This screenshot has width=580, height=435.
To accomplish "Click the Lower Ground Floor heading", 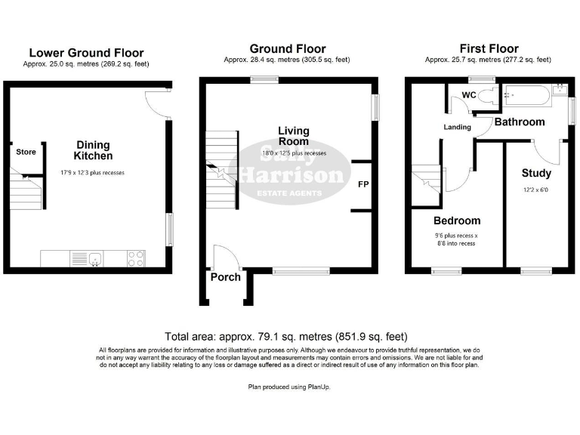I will tap(85, 53).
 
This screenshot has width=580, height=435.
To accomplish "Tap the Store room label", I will tap(26, 152).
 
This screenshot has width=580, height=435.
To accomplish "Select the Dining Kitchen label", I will tap(93, 150).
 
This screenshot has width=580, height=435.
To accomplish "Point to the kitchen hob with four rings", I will tap(137, 259).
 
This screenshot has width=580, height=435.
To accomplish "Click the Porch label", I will tap(225, 276).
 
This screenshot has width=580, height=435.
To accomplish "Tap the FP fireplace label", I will tap(362, 184).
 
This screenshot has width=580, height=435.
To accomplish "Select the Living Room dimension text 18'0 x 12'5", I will tap(294, 153).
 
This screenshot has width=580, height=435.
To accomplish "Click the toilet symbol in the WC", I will tap(489, 95).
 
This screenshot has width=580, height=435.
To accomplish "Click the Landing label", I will tap(457, 127).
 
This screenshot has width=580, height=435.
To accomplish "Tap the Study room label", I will tap(536, 173).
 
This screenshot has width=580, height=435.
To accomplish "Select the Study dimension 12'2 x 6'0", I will tap(536, 189).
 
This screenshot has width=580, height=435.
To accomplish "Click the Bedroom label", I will tap(456, 221).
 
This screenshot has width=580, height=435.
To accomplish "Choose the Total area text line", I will tap(289, 337).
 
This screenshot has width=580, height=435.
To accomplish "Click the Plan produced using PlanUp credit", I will tap(289, 387).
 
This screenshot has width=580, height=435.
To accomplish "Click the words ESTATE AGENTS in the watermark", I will tap(291, 193).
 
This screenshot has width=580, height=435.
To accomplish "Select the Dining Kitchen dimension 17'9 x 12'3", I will tap(92, 173).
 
